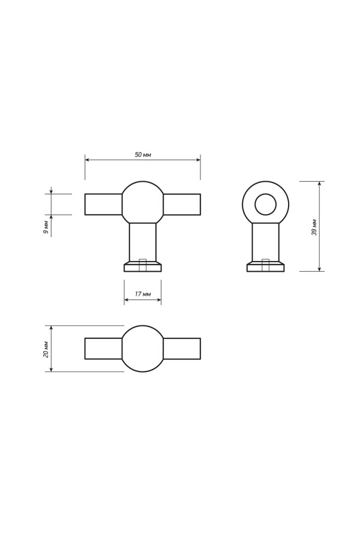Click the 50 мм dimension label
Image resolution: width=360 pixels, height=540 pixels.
tap(143, 155)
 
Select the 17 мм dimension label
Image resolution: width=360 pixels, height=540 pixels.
tap(143, 294)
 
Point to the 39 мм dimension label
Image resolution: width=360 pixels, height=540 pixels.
tap(314, 227)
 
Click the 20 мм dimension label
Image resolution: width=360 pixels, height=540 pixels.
tap(45, 349)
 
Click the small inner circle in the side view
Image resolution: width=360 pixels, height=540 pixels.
tap(265, 205)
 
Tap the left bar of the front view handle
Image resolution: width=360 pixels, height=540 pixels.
tap(103, 205)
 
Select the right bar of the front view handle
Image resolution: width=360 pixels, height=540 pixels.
tap(182, 205)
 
